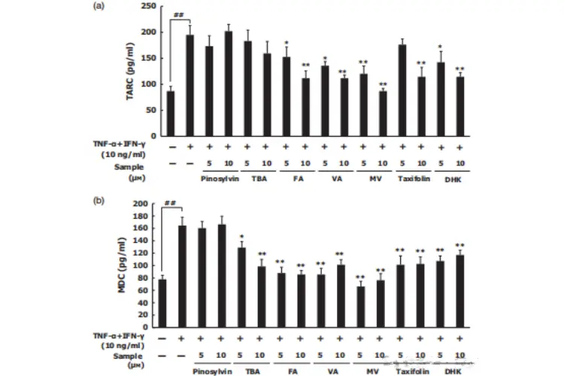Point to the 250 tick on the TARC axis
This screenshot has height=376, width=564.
tap(152, 7)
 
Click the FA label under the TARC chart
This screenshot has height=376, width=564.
tap(296, 179)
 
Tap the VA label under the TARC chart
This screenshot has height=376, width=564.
tap(334, 179)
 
